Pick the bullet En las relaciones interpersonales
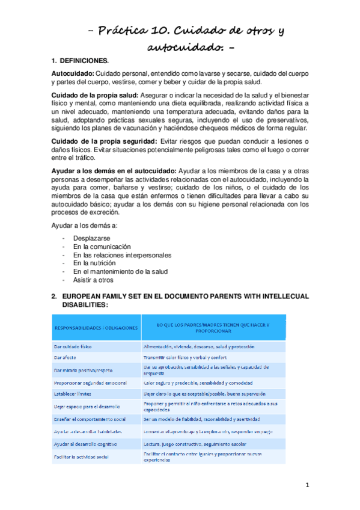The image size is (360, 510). (122, 255)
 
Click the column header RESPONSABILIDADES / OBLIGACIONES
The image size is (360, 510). (96, 328)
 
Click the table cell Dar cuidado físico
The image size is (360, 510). (75, 346)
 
